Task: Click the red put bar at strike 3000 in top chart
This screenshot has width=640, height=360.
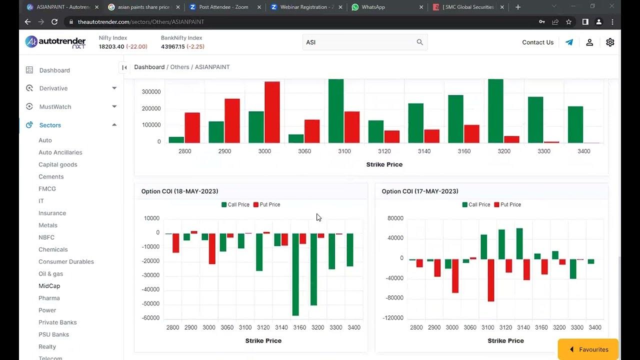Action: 272,112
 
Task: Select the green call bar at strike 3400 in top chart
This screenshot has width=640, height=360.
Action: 575,124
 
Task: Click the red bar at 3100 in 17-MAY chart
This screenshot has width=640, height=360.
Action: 491,280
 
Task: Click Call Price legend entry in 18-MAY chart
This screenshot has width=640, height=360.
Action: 235,204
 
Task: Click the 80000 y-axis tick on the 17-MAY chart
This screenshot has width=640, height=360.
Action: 395,218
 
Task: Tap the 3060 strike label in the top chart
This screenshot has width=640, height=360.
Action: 304,151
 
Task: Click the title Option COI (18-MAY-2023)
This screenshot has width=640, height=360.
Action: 179,191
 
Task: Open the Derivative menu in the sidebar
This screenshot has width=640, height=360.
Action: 53,88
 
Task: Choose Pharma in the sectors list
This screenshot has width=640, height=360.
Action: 49,298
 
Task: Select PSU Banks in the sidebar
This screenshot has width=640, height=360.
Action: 53,334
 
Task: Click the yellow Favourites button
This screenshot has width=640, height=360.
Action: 588,349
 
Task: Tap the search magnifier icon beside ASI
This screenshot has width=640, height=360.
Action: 420,42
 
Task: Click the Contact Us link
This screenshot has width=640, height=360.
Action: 537,42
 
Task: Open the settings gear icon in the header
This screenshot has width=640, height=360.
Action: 610,42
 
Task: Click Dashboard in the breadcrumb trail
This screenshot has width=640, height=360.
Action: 149,67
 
